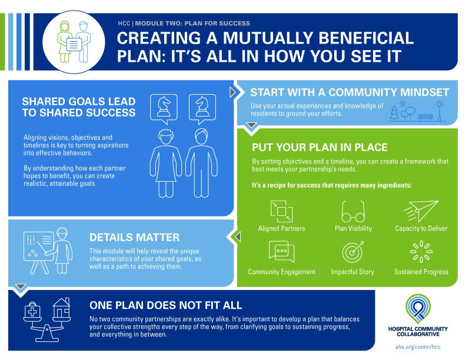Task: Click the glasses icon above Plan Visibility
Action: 353,211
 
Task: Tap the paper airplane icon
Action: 421,211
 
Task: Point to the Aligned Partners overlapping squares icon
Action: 281,211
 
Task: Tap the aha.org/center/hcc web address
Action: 418,348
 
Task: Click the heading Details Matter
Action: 134,237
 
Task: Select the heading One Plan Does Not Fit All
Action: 166,305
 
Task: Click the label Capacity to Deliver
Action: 421,228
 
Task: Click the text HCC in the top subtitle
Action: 124,24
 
